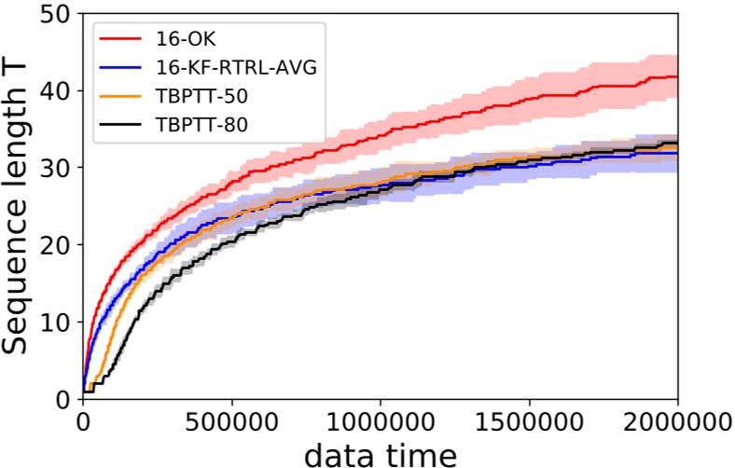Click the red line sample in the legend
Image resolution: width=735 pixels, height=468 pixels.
120,40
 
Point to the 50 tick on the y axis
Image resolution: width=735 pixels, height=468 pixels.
60,14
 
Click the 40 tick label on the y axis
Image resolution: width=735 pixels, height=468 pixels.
60,91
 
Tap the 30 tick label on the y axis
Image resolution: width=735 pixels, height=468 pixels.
60,168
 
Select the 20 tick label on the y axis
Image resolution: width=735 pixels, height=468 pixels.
60,245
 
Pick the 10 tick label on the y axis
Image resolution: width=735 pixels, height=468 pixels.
60,322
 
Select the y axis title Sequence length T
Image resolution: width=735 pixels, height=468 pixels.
21,205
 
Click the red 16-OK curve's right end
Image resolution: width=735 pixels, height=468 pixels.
676,76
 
